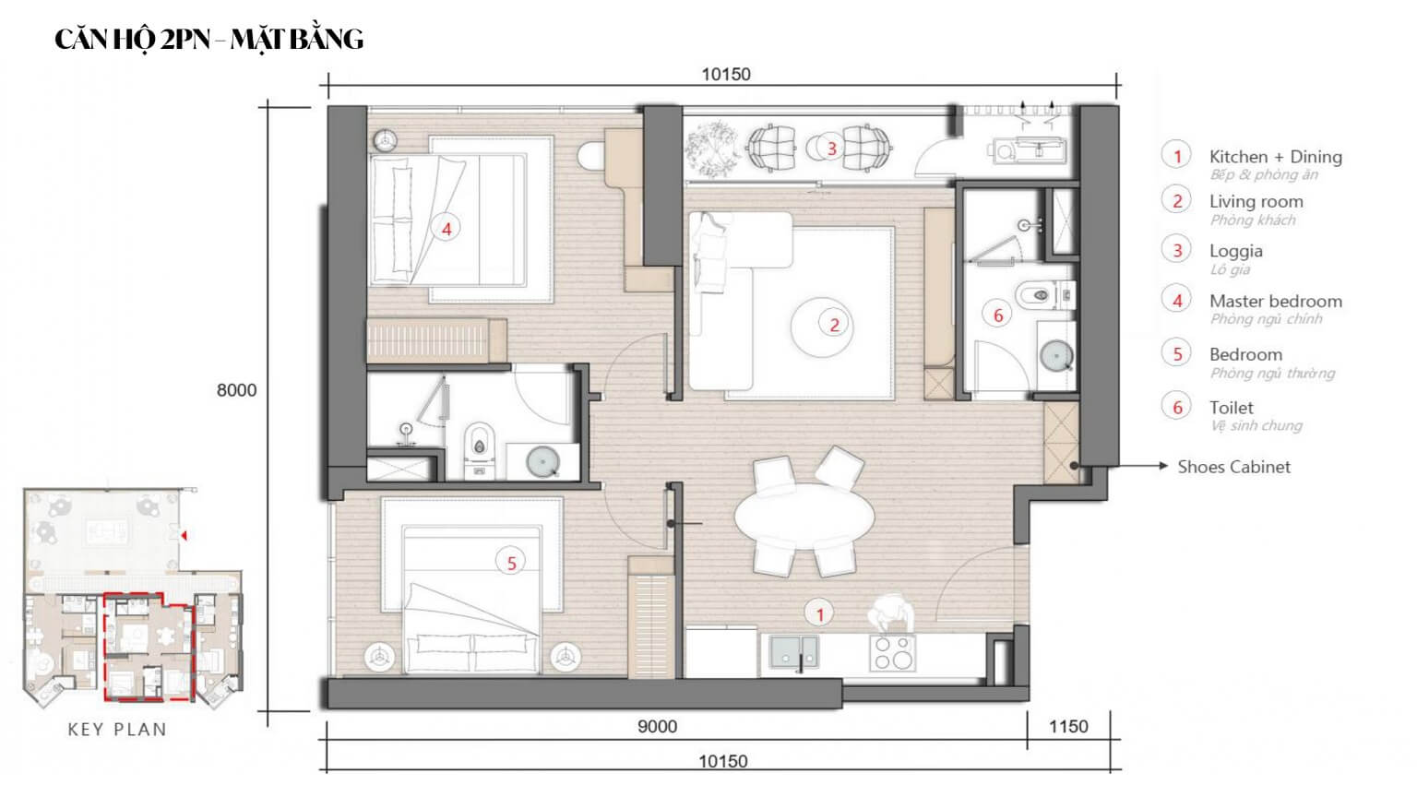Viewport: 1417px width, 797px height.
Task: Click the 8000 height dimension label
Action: tap(237, 390)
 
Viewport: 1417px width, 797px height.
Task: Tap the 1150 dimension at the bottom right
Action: tap(1068, 727)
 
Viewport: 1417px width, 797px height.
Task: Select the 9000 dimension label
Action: tap(657, 727)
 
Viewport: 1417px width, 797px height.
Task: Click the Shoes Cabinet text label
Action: tap(1233, 467)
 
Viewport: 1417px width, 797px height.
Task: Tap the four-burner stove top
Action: tap(892, 653)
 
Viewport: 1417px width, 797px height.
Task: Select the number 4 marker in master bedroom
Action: tap(447, 228)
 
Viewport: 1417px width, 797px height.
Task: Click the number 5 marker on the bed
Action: tap(511, 563)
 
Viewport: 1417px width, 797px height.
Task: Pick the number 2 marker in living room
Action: tap(834, 324)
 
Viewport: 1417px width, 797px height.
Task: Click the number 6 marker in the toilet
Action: tap(997, 315)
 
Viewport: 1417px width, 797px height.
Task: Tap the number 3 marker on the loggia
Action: tap(831, 148)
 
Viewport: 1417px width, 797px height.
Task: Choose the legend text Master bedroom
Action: tap(1275, 302)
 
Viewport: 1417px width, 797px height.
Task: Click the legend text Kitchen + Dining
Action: tap(1275, 157)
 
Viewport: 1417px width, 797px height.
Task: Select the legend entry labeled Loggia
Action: tap(1235, 251)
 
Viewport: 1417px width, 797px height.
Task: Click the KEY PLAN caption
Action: tap(117, 730)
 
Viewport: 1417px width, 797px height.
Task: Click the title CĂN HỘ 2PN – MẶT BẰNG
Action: tap(209, 39)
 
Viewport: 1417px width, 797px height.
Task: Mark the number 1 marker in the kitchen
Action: tap(819, 613)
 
